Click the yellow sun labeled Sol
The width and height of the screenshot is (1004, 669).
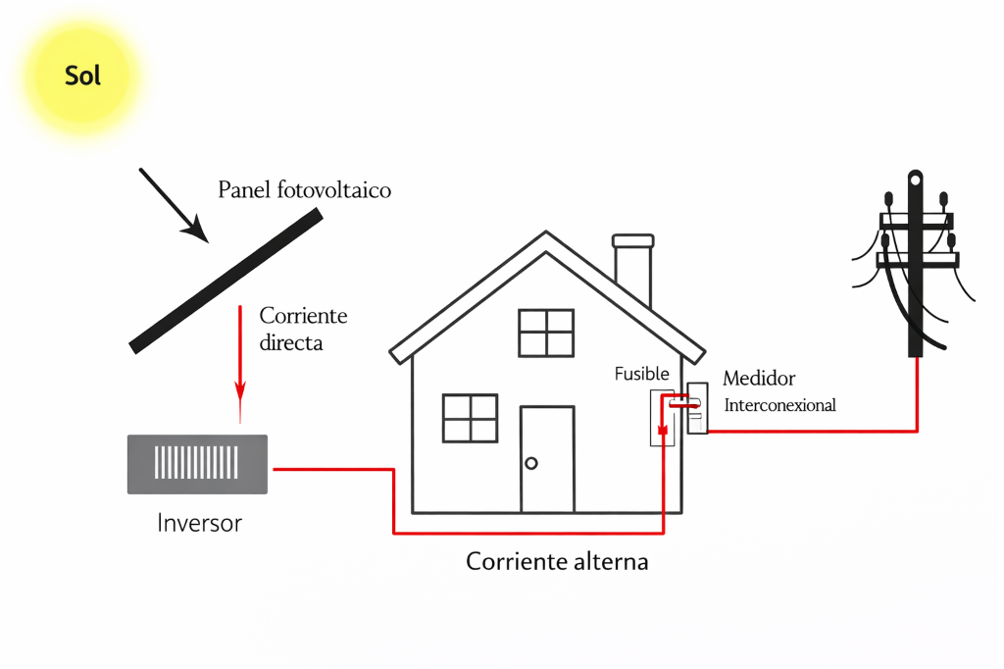tap(83, 76)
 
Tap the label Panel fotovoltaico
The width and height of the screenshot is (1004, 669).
tap(304, 189)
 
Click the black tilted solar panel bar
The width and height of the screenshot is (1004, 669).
tap(226, 283)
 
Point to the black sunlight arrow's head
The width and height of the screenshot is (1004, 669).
tap(197, 231)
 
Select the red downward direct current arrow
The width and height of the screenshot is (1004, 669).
tap(239, 363)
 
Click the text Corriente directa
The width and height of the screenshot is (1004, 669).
tap(303, 330)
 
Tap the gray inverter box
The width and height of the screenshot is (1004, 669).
tap(197, 463)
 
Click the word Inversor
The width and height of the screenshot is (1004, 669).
tap(199, 523)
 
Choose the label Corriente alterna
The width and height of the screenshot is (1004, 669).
tap(557, 562)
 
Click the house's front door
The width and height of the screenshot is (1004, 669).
tap(546, 459)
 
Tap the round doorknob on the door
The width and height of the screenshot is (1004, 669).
tap(531, 463)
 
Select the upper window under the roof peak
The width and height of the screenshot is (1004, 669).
tap(546, 333)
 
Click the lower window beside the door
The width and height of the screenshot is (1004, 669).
tap(471, 418)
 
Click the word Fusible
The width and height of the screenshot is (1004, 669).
tap(641, 374)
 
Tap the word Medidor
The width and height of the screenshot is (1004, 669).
tap(759, 378)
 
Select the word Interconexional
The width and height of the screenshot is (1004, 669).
tap(779, 405)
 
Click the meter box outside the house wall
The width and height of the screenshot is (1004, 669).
tap(697, 408)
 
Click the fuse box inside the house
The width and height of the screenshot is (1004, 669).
tap(662, 418)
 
